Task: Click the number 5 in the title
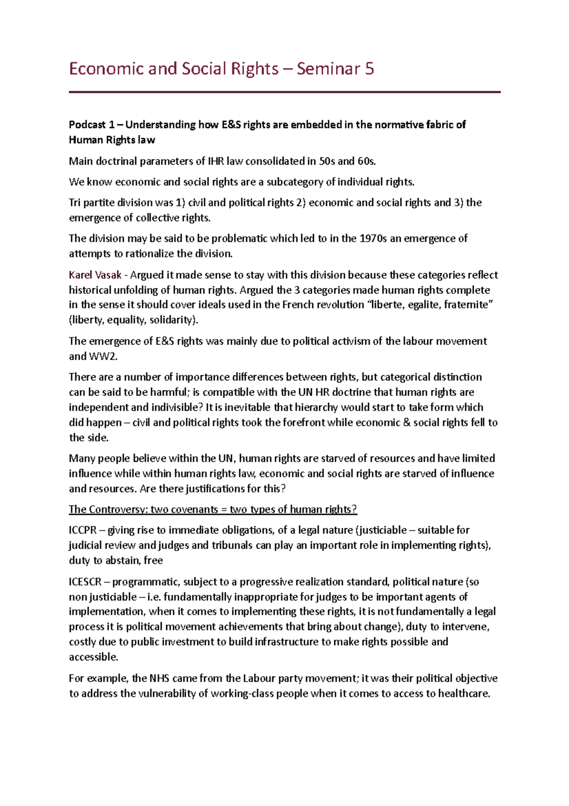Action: coord(369,69)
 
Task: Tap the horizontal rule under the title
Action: coord(284,92)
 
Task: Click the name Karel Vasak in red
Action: coord(95,275)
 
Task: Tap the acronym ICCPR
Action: coord(83,530)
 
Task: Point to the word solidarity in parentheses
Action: coord(172,320)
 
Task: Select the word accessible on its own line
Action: coord(93,657)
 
